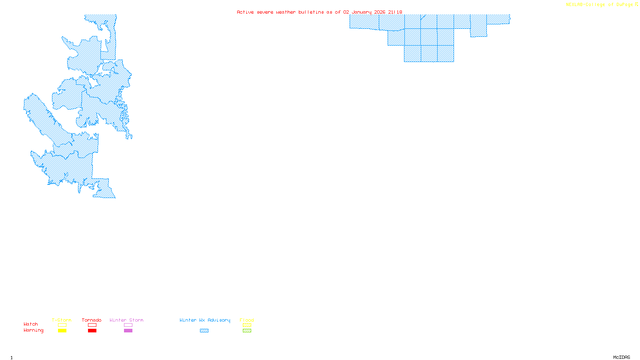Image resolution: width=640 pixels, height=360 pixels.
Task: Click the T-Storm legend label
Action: click(x=62, y=320)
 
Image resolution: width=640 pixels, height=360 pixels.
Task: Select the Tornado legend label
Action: click(x=92, y=320)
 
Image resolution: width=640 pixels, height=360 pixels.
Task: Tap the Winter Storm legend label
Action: click(x=126, y=320)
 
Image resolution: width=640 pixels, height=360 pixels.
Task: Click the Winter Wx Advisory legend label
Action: click(x=205, y=320)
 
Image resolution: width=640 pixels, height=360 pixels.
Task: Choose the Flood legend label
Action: click(x=247, y=320)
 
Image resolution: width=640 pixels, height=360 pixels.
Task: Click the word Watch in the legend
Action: click(x=31, y=324)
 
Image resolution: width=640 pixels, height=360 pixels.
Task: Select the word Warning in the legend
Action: click(x=34, y=330)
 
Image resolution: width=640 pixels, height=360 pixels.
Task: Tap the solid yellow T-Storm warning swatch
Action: click(x=62, y=331)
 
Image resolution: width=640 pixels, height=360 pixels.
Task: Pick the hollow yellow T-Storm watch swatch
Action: click(x=62, y=325)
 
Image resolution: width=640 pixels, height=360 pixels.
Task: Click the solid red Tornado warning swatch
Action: click(x=92, y=331)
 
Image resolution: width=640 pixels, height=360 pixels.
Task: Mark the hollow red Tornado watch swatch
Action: click(x=92, y=325)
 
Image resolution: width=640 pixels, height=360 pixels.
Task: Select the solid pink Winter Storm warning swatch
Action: click(x=128, y=331)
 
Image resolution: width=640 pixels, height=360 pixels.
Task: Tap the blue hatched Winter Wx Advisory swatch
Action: click(x=204, y=331)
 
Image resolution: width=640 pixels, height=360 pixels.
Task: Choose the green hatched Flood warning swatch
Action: click(x=247, y=331)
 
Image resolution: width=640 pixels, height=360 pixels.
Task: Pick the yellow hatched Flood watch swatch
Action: click(x=247, y=325)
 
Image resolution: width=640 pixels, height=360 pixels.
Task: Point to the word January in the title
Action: click(x=362, y=12)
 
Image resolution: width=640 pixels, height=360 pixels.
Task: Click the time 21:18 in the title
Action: click(x=395, y=12)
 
